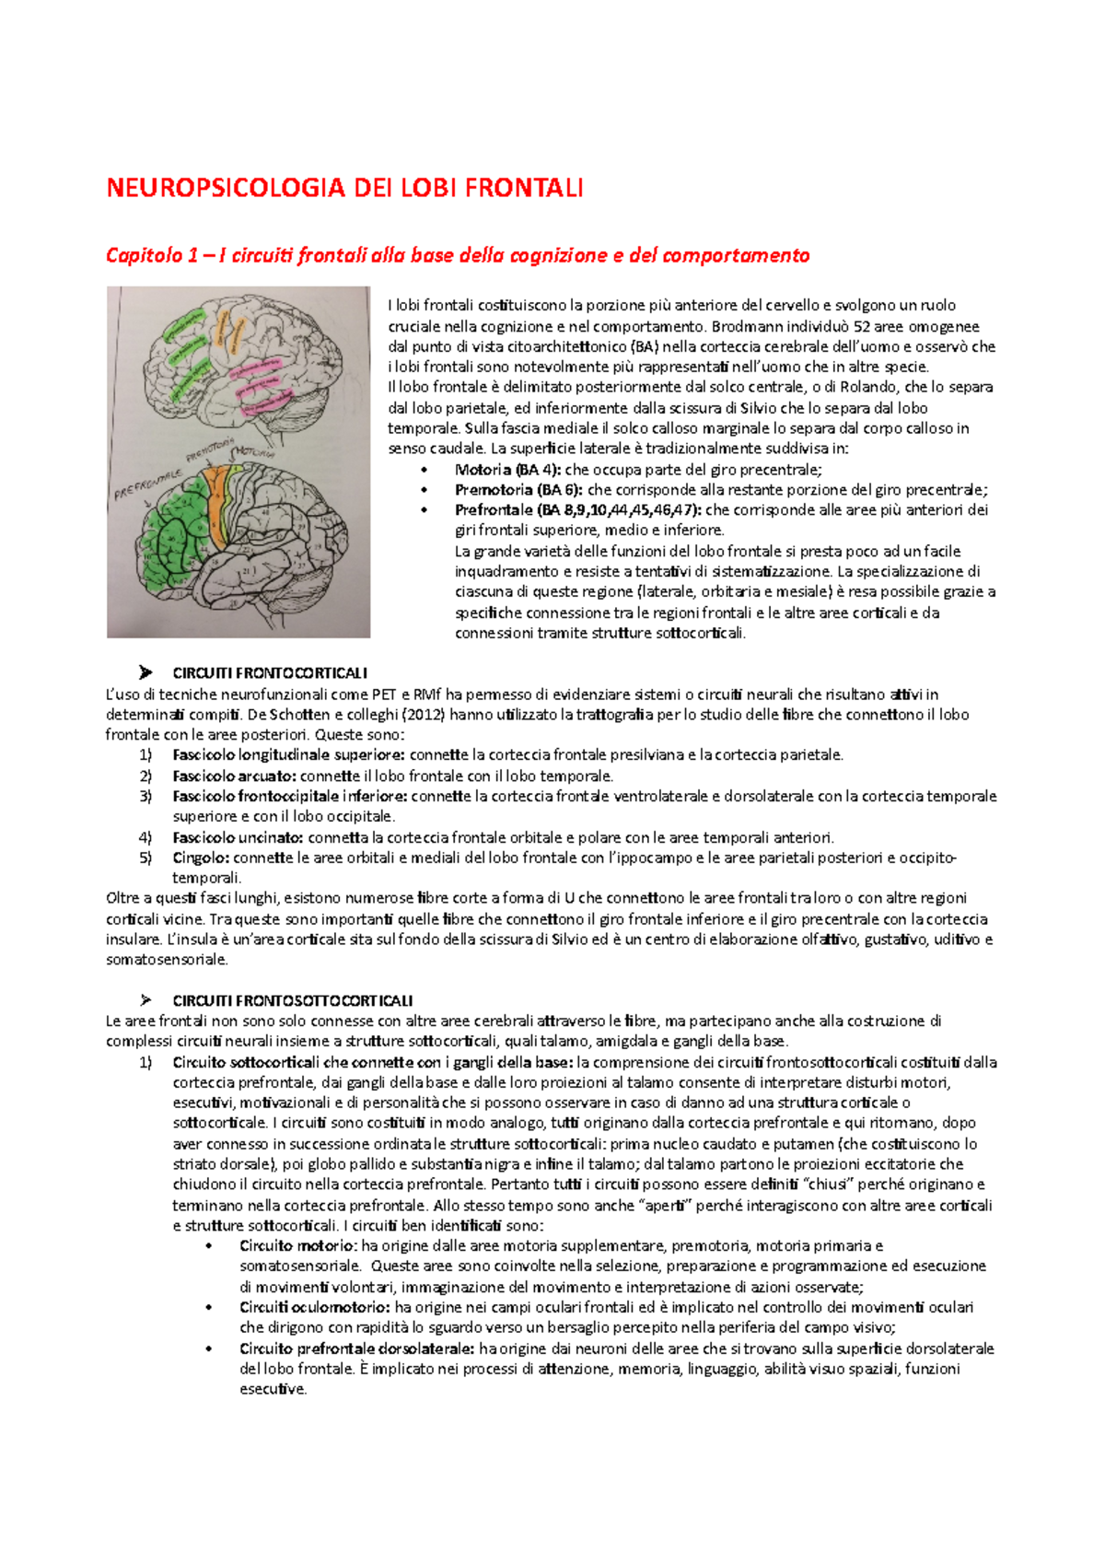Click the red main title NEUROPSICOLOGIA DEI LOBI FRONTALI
pos(344,189)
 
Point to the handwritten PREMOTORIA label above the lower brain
pos(208,450)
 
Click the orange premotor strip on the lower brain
pos(218,502)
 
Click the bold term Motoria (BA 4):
pos(507,470)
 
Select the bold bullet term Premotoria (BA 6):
pos(518,490)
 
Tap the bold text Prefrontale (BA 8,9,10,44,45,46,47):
pos(577,510)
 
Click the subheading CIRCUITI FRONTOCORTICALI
pos(269,673)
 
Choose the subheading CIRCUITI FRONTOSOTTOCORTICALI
pos(292,1000)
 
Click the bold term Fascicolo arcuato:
pos(234,776)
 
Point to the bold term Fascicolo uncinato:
pos(238,837)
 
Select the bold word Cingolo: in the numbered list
pos(201,858)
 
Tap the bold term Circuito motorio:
pos(297,1246)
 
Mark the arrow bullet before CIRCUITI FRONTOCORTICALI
pos(145,672)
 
